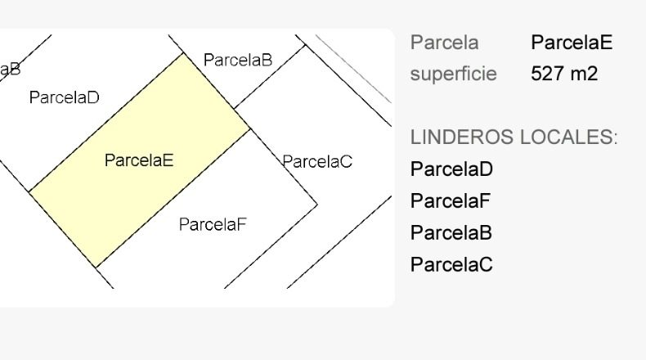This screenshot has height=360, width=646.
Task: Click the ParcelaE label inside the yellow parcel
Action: click(x=139, y=160)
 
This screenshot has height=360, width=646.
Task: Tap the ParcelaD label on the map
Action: click(x=65, y=97)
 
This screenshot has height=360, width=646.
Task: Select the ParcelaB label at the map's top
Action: click(x=238, y=60)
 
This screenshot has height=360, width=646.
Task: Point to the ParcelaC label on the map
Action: click(x=317, y=161)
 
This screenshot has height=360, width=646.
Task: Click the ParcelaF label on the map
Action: click(x=213, y=224)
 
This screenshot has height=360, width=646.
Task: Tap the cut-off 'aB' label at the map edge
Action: click(x=10, y=70)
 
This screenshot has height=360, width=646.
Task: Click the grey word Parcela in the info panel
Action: click(x=444, y=43)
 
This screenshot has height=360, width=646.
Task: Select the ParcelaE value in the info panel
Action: click(x=572, y=42)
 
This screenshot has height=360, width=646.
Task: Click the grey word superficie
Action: click(x=453, y=74)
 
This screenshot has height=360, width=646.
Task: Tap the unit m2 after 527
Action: click(x=584, y=74)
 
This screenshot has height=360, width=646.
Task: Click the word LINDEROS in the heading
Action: click(x=462, y=137)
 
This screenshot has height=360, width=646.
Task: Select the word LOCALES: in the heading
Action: click(x=569, y=137)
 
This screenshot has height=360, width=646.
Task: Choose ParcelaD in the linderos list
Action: click(x=451, y=169)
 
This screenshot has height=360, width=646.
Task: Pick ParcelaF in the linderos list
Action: click(x=451, y=200)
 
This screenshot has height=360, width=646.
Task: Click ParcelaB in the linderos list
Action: click(x=451, y=232)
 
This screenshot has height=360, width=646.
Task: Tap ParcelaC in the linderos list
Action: click(x=451, y=264)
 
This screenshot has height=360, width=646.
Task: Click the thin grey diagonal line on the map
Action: click(x=353, y=69)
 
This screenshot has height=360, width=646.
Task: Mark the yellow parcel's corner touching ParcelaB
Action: click(x=183, y=54)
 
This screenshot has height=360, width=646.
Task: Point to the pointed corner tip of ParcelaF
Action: click(x=316, y=204)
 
